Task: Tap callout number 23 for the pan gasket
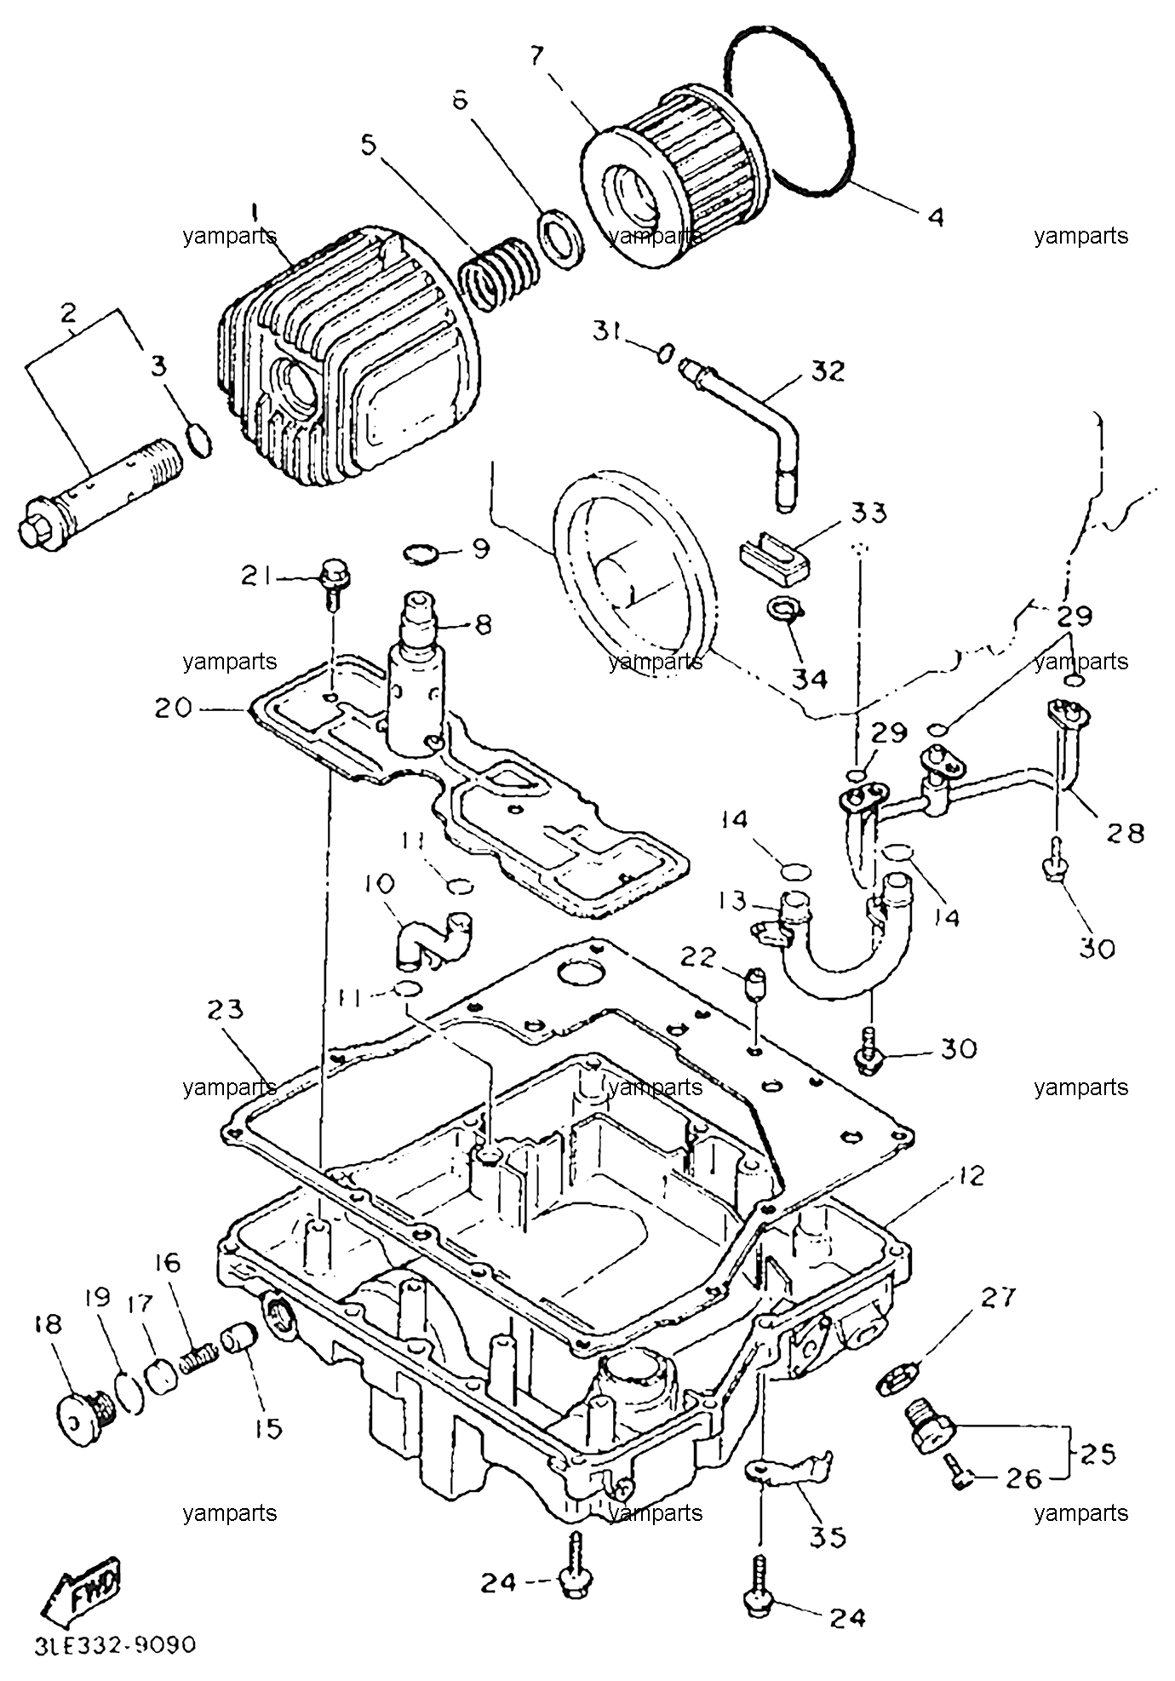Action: tap(225, 1010)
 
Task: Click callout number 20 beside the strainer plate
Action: tap(174, 707)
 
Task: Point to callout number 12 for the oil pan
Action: tap(970, 1177)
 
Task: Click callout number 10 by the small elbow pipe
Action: tap(379, 885)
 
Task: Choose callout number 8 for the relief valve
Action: tap(484, 625)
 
